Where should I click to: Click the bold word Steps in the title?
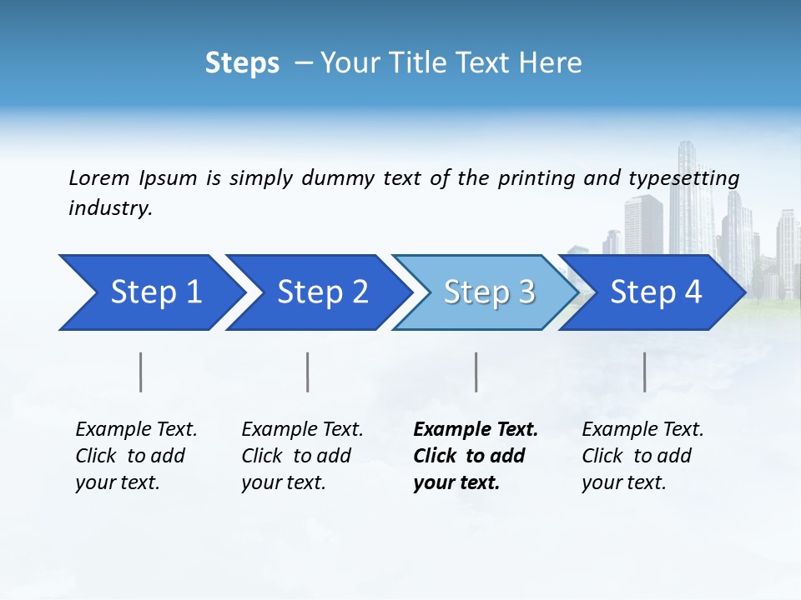coord(242,63)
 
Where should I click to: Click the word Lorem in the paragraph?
coord(99,177)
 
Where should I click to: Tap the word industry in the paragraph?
coord(110,207)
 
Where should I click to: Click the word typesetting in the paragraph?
coord(683,177)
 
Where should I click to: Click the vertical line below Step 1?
coord(141,372)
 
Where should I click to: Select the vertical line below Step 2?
coord(308,372)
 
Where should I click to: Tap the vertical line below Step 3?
coord(476,372)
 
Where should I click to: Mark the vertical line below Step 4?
coord(645,372)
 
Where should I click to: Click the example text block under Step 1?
coord(136,456)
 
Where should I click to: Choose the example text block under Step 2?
coord(302,456)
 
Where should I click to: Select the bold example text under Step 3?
coord(476,456)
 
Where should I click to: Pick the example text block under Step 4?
coord(642,456)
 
